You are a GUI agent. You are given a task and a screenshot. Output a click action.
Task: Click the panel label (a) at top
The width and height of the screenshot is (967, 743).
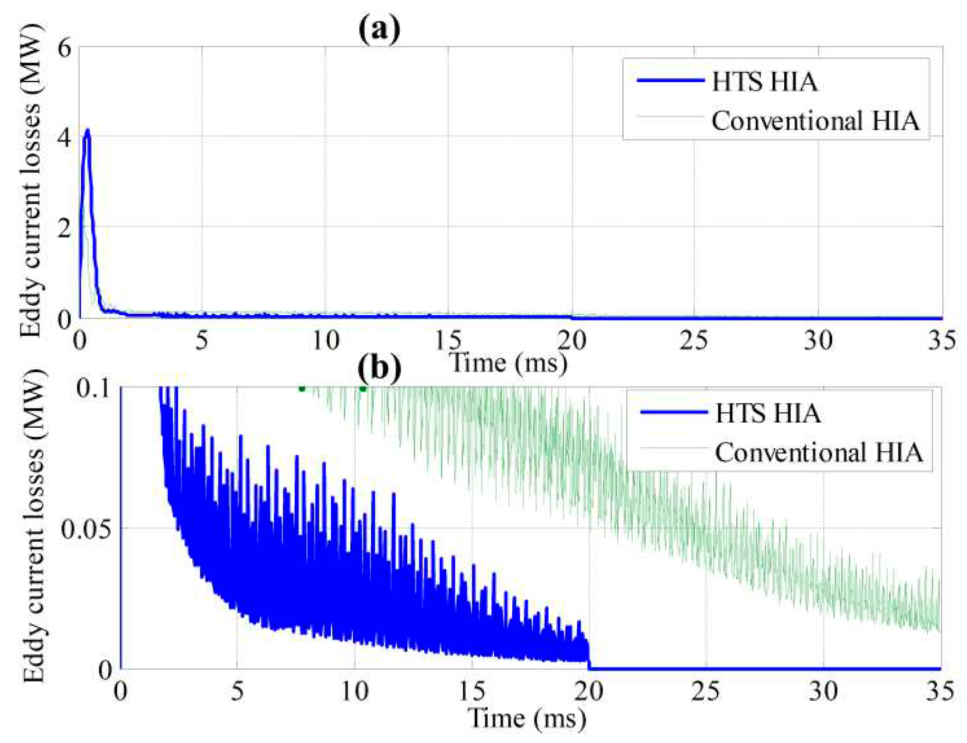point(378,29)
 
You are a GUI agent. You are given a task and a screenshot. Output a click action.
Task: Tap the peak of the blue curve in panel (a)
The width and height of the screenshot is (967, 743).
point(87,130)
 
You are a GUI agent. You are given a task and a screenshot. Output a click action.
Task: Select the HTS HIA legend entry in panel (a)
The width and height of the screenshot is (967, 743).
point(764,82)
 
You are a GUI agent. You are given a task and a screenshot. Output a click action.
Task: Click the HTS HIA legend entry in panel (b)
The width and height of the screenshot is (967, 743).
point(768,413)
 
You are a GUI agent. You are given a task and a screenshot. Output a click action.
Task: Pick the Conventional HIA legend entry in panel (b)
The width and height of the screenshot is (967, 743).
point(818,452)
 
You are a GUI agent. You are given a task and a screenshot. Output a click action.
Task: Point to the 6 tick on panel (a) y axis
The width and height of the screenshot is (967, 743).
point(64,48)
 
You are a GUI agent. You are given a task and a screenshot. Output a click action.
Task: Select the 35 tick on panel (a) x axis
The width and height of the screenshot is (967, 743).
point(941,340)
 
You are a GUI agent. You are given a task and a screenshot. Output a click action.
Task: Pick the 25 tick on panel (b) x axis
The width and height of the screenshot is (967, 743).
point(705,691)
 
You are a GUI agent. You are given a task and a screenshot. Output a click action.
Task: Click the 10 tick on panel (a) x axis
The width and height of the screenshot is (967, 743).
point(326,340)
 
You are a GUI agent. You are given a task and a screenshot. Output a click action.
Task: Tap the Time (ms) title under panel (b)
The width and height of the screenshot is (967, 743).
point(526,718)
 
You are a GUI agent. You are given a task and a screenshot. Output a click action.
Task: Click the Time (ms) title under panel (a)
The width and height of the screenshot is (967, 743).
point(508,363)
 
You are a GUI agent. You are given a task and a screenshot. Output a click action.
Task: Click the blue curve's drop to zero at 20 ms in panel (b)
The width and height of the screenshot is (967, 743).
point(589,658)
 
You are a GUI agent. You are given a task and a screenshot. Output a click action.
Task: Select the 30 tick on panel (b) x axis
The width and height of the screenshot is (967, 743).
point(823,691)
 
